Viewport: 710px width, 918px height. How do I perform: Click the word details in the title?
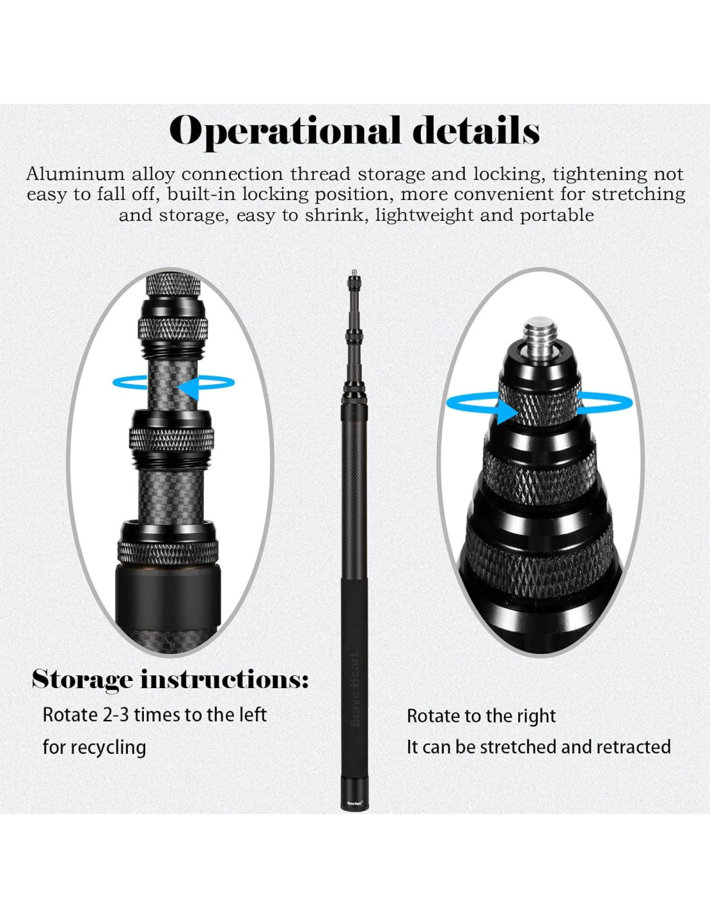(x=476, y=131)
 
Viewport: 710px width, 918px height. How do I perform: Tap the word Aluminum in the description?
(x=75, y=174)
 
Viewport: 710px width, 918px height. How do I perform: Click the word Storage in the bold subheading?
(x=83, y=680)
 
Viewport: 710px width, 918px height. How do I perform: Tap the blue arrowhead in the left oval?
(x=188, y=388)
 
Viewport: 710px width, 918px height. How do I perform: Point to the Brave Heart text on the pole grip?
(x=354, y=689)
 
